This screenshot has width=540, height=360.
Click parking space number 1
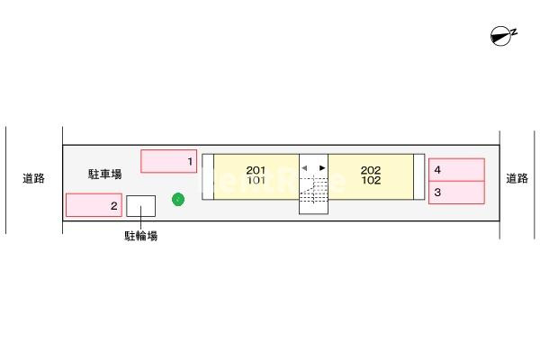click(169, 161)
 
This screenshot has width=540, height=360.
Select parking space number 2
click(94, 205)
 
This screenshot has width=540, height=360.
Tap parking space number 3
click(456, 193)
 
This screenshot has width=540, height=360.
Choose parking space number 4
click(456, 170)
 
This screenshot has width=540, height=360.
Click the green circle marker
click(178, 200)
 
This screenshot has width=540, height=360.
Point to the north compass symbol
click(503, 35)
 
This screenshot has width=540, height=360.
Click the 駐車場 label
click(104, 174)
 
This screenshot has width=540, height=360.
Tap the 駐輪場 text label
click(141, 236)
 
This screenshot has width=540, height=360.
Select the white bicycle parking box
click(141, 206)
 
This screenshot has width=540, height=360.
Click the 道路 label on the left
click(34, 178)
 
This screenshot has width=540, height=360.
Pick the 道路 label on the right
click(517, 178)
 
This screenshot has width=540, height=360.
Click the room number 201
click(256, 170)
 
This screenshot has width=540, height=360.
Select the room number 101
click(256, 180)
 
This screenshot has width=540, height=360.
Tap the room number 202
click(371, 170)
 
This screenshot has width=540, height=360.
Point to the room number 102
click(371, 180)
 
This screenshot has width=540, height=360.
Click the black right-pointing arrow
click(322, 167)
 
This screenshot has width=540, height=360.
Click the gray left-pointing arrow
click(304, 167)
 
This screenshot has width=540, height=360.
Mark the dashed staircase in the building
click(313, 191)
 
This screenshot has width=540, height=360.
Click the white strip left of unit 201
click(208, 176)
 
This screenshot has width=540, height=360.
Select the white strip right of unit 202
click(418, 176)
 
